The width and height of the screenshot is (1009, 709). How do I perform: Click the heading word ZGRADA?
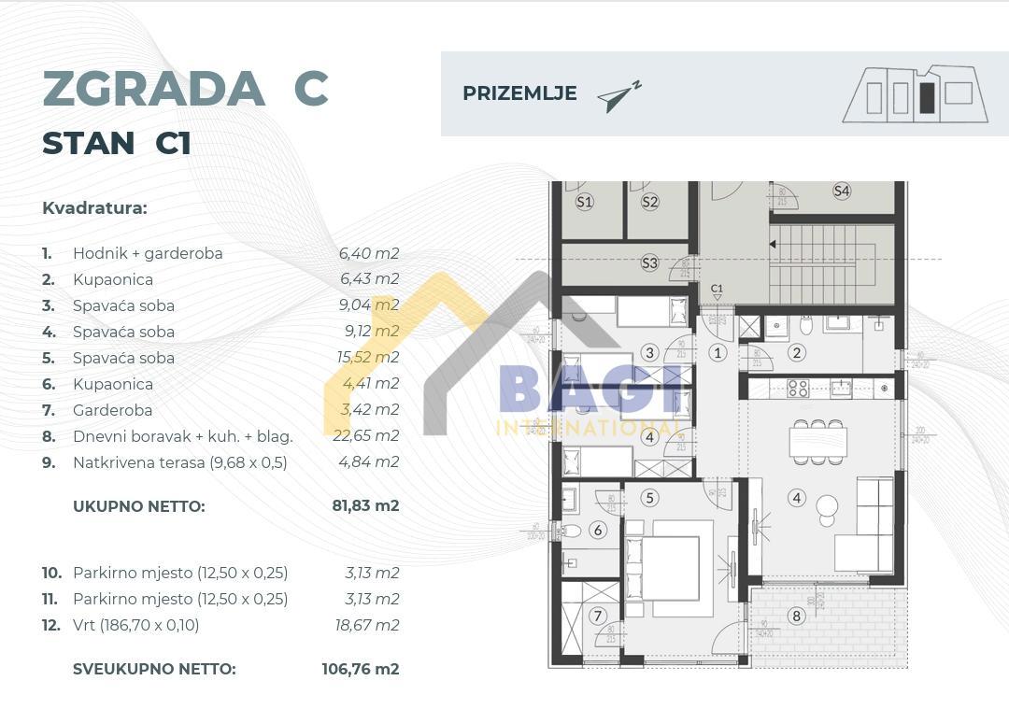coord(154,89)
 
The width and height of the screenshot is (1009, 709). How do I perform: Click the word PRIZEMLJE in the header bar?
coord(519,93)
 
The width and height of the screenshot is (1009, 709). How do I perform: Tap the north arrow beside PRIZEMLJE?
coord(618,96)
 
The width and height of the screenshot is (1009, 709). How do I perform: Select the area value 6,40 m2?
coord(368,253)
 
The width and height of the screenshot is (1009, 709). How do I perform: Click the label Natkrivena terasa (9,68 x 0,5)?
coord(180,462)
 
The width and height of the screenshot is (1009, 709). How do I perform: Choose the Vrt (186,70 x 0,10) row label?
coord(135,625)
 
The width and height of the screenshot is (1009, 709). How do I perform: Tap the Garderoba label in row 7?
coord(112,410)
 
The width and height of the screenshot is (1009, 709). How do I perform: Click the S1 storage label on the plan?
coord(585,202)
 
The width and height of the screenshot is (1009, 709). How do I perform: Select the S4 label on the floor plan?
coord(842,191)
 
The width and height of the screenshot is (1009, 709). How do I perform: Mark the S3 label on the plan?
coord(649,263)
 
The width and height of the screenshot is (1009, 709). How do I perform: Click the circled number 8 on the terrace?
coord(796,616)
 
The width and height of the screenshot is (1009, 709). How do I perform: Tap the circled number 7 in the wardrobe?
coord(599,617)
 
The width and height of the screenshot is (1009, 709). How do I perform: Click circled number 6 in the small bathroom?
coord(599,531)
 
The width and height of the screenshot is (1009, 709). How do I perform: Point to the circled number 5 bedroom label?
coord(650,499)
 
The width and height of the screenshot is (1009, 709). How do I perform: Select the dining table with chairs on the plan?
coord(817,440)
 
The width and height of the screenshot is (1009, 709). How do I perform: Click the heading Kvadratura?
coord(94,207)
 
